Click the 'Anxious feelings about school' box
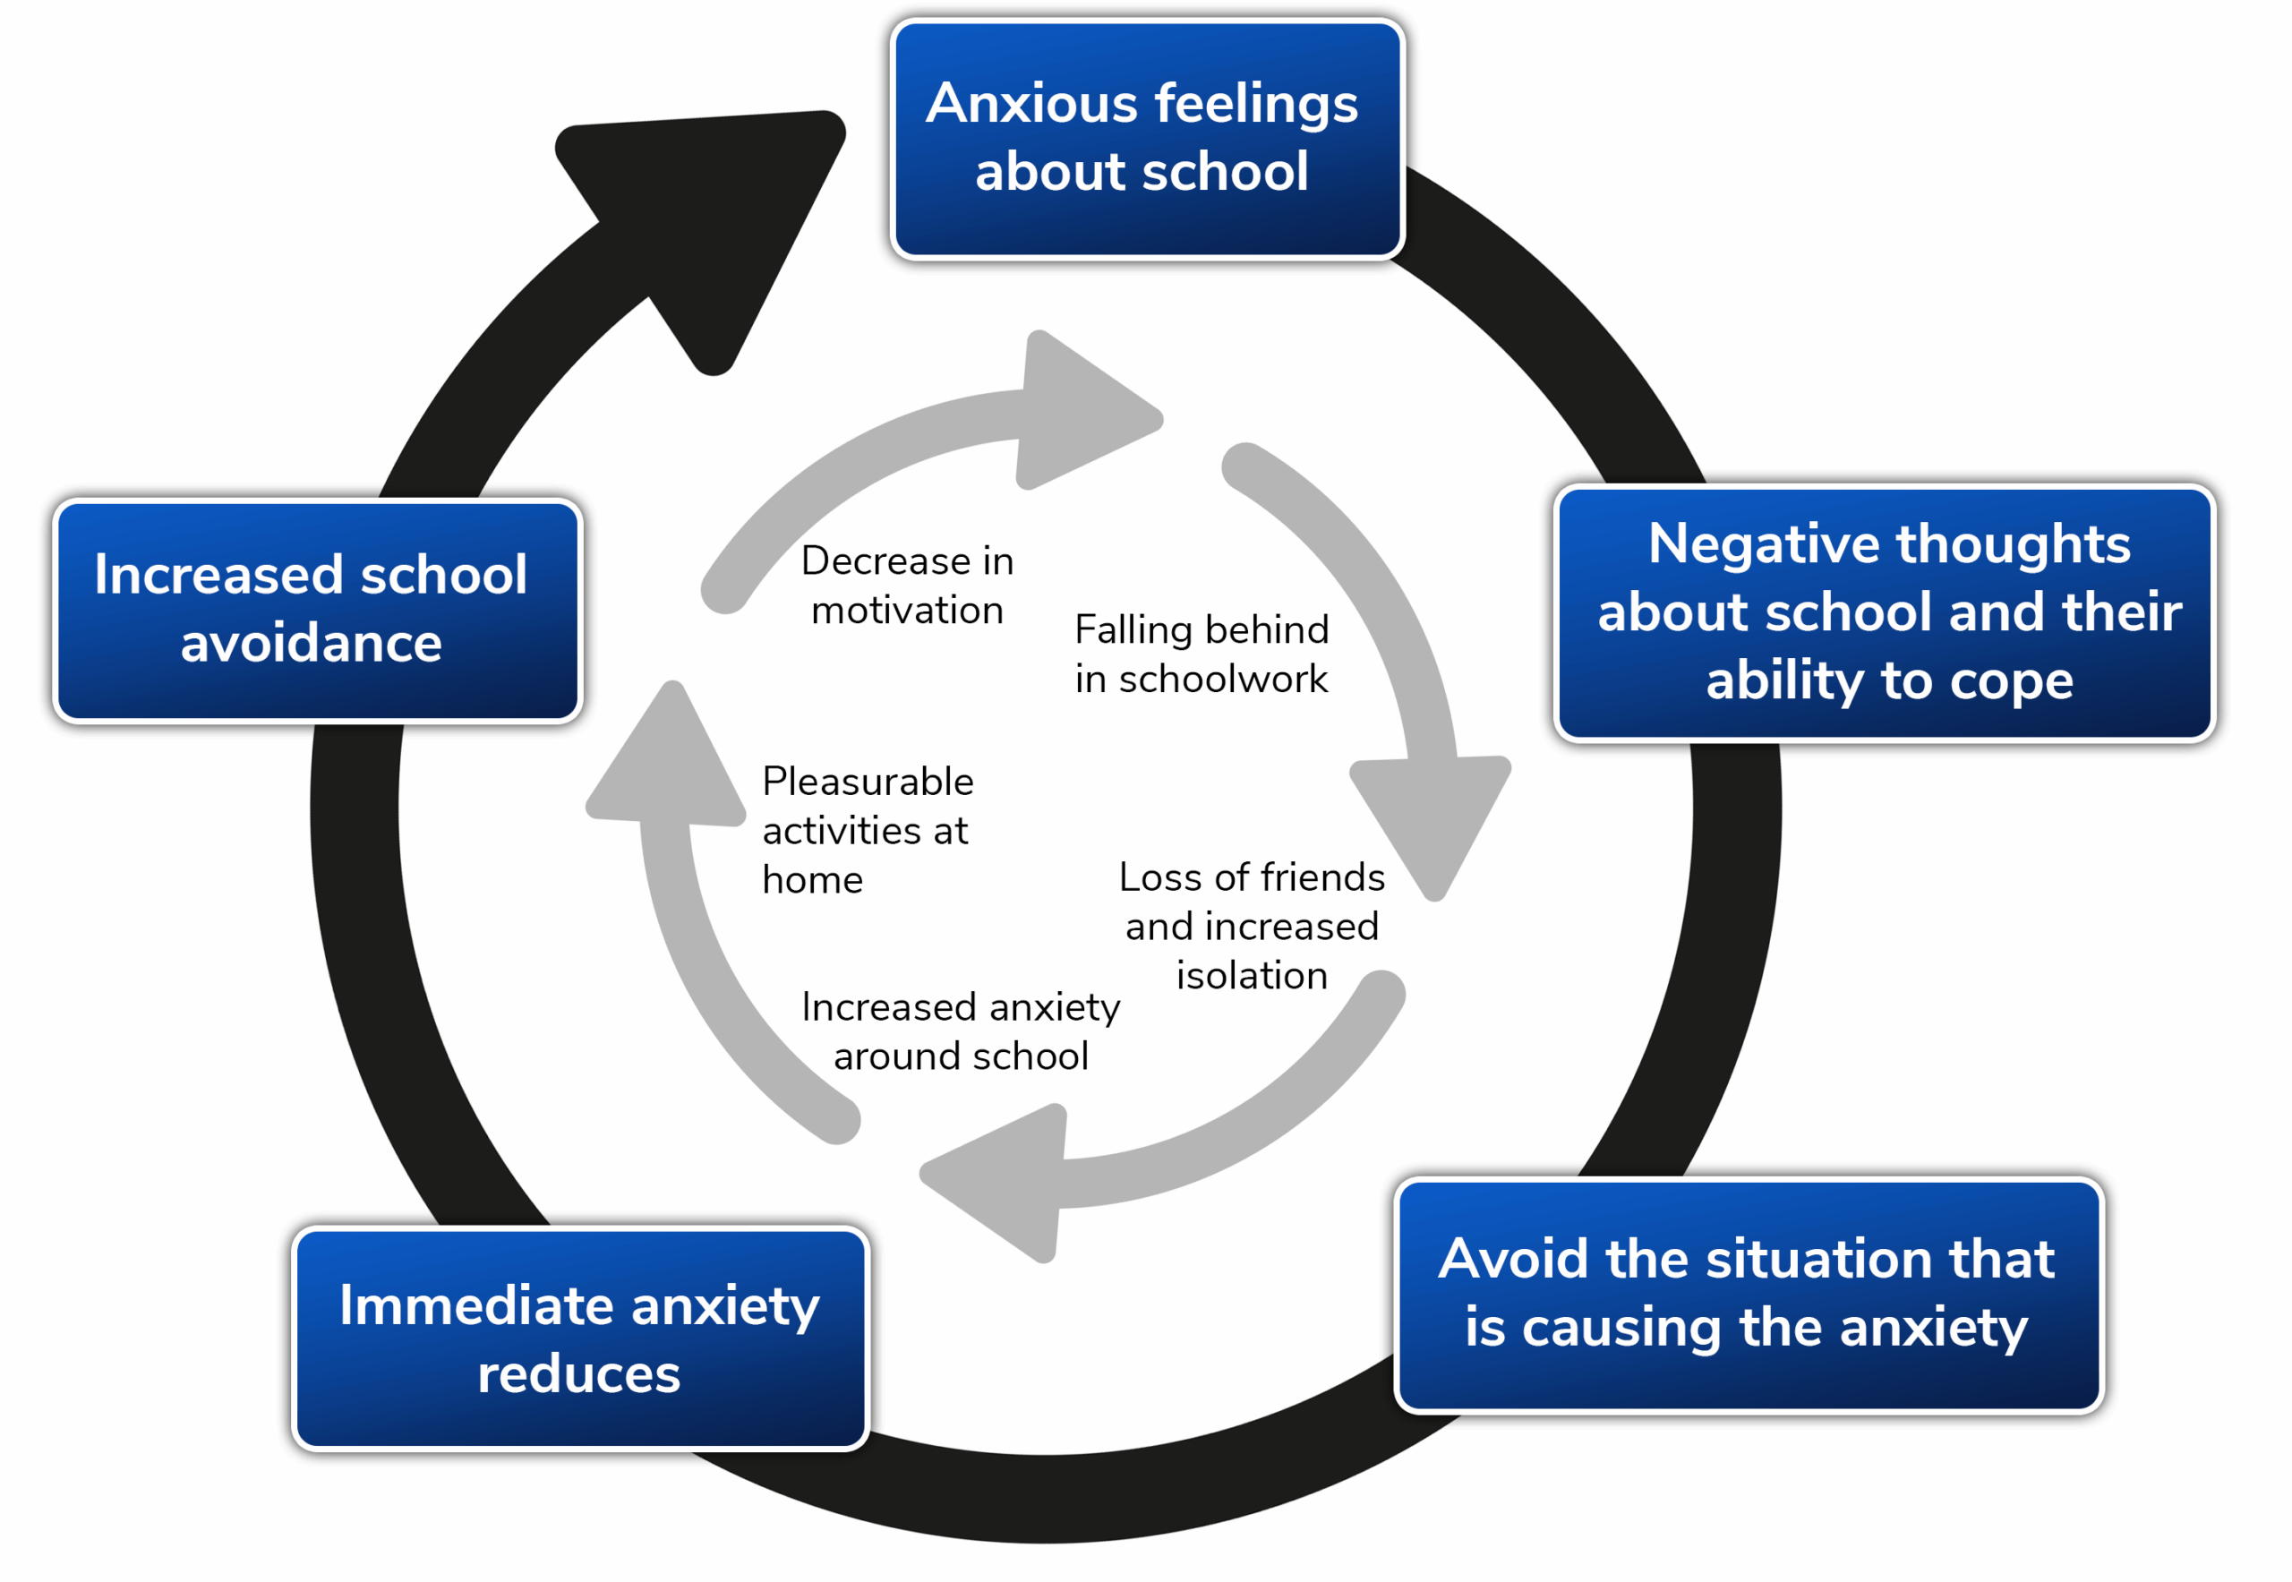[x=1146, y=139]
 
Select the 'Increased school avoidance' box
[x=317, y=610]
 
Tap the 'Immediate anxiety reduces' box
[x=580, y=1338]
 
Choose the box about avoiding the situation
[x=1748, y=1294]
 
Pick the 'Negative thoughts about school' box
[x=1884, y=612]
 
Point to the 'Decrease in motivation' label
[x=907, y=585]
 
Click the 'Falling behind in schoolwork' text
[x=1202, y=654]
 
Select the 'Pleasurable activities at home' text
[x=868, y=830]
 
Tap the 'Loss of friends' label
[x=1251, y=877]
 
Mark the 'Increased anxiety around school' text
[x=961, y=1030]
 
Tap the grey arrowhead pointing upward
[x=669, y=763]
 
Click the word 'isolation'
[x=1251, y=977]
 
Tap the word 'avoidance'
[x=312, y=644]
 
